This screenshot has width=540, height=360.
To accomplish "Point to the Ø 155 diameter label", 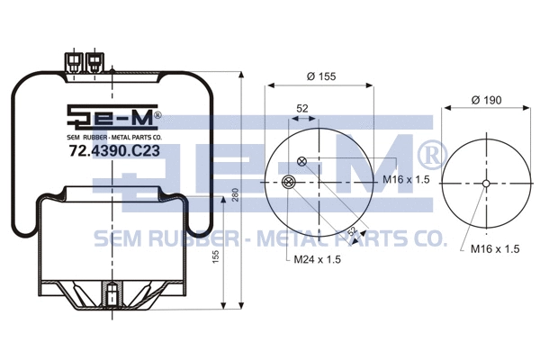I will coord(321,77).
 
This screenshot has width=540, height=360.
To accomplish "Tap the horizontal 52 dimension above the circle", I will coord(302,108).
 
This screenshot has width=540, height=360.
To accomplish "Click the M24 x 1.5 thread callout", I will coord(318,260).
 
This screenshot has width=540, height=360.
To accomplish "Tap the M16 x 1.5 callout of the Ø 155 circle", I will coord(404,180).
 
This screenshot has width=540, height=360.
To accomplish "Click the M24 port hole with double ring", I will coord(287,184).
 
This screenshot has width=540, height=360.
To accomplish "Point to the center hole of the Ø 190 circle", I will coord(486,184).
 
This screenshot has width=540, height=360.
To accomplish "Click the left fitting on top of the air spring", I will coord(73,60).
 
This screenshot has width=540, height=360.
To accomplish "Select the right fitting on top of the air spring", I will coord(93,60).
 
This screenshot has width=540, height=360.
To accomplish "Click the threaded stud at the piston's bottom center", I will coord(110,295).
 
